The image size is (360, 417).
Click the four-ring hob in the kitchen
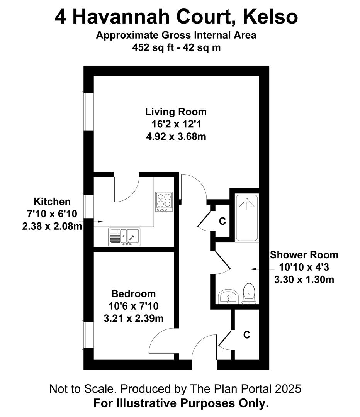coord(164,202)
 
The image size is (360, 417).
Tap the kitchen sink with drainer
coord(124,237)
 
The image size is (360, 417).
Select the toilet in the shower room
coord(249,293)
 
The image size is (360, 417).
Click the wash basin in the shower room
coord(228,297)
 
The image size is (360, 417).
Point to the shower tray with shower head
coord(247,218)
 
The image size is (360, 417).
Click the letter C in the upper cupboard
coord(222,221)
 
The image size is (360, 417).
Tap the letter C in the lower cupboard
coord(247,334)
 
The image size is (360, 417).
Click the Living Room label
coord(176,112)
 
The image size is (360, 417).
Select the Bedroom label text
coord(134,293)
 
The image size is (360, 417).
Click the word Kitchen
coord(52,202)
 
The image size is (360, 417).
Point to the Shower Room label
coord(304,255)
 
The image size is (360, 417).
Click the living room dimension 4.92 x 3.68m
coord(176,136)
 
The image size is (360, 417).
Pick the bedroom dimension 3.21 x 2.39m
coord(134,318)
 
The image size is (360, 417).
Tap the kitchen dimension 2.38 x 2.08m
coord(52,226)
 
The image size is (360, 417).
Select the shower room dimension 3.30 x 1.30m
coord(304,280)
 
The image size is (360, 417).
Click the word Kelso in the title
coord(270,17)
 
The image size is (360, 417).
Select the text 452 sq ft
coord(153,47)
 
